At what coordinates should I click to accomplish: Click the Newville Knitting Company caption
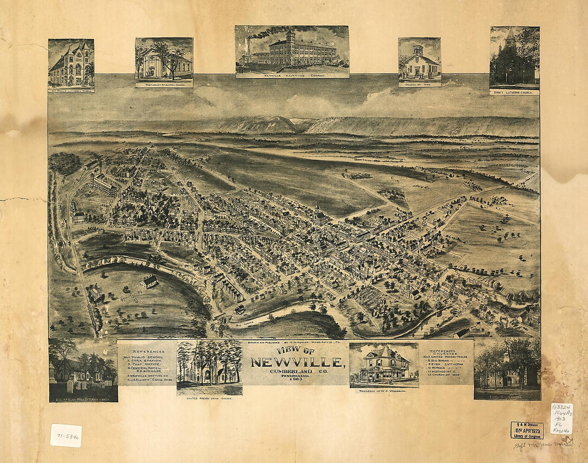tap(292, 75)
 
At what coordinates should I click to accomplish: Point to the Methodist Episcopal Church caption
tap(164, 84)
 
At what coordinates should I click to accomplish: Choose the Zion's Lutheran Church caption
tap(514, 92)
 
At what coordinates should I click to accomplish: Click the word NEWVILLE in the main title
tap(297, 363)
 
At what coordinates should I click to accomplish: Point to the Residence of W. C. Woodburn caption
tap(384, 390)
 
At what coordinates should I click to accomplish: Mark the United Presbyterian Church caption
tap(209, 398)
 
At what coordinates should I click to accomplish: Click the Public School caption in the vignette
tap(507, 397)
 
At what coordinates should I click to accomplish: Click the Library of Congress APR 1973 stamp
tap(527, 430)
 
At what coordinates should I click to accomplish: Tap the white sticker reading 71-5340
tap(66, 435)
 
